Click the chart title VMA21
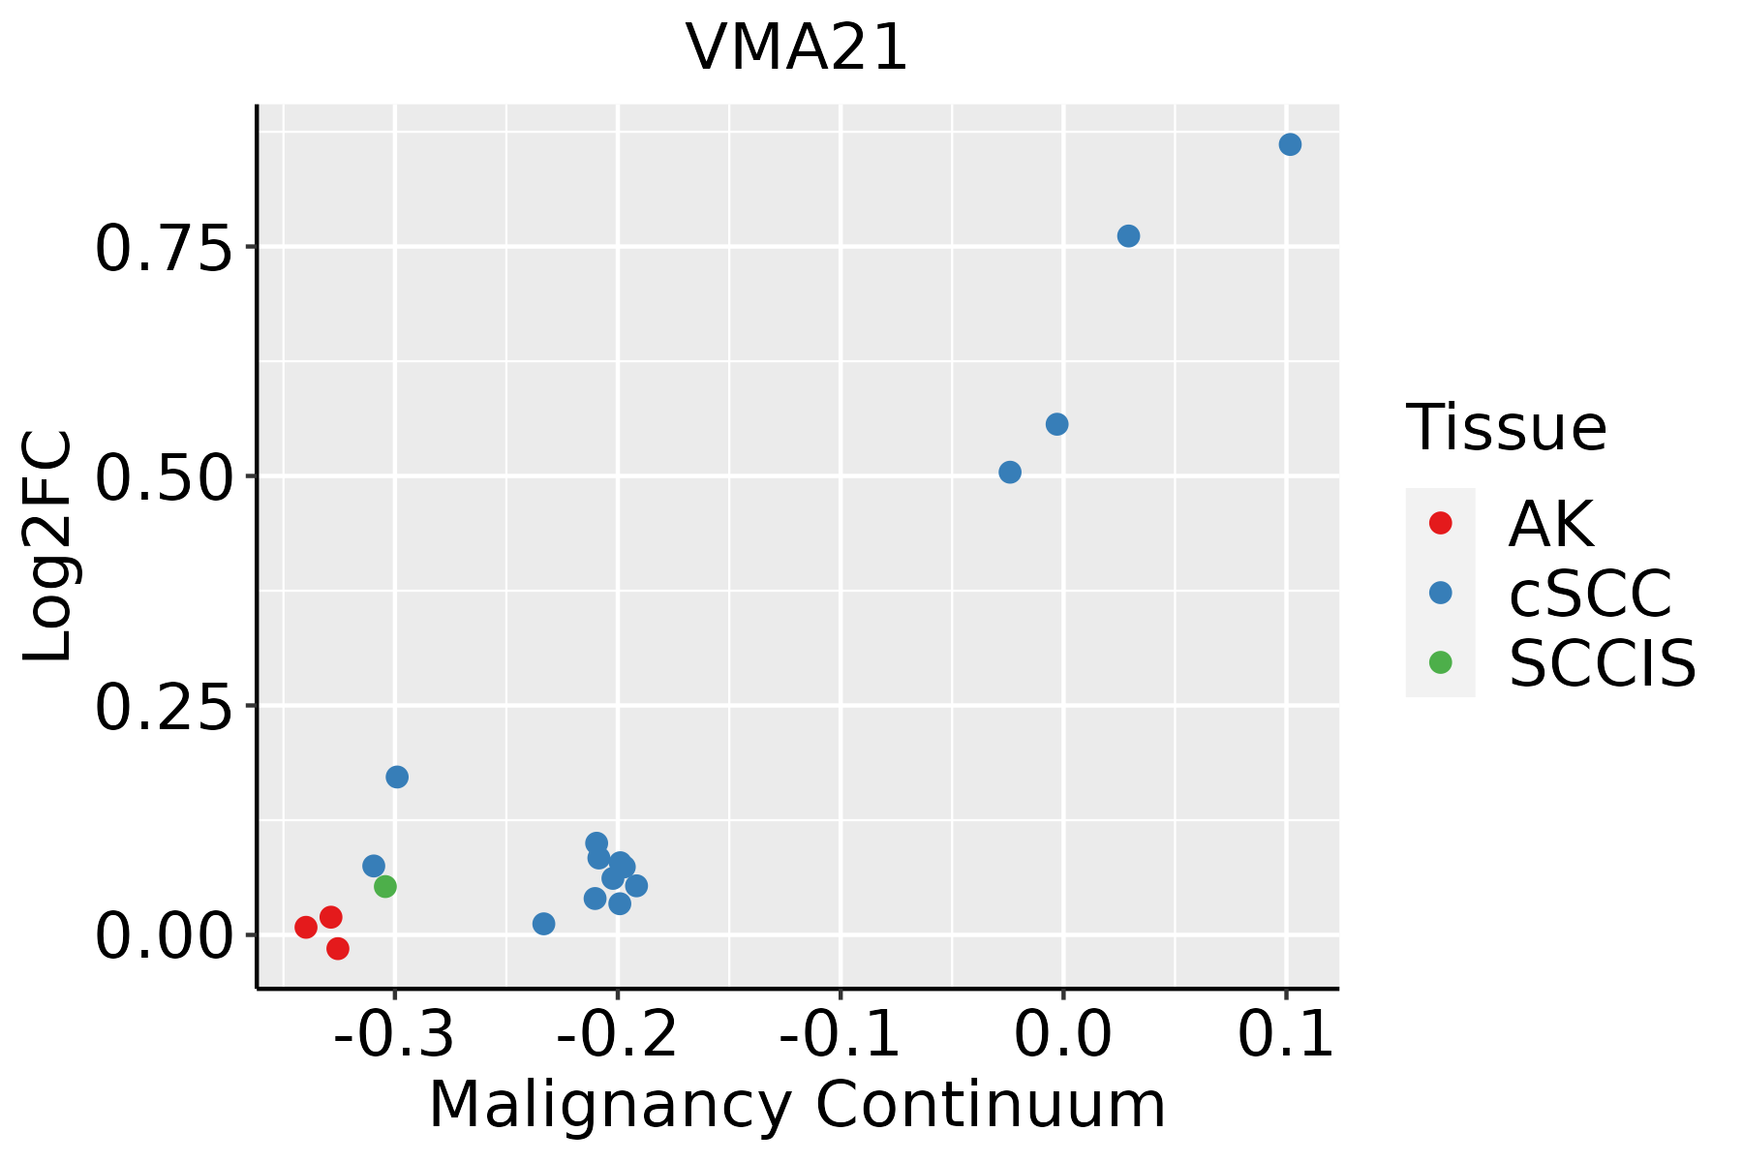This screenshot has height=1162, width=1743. click(797, 47)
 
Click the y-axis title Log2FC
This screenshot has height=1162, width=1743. click(48, 547)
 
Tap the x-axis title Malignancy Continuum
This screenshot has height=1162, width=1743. click(797, 1106)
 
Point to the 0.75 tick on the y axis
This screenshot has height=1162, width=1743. click(165, 248)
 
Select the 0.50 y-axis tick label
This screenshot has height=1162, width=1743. click(165, 476)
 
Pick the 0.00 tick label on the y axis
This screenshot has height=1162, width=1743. click(165, 935)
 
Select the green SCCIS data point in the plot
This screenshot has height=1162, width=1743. click(385, 886)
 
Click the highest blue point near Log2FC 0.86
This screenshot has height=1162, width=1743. click(1290, 144)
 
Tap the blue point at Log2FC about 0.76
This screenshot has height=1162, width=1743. click(1129, 236)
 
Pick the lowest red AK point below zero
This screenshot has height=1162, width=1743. click(338, 948)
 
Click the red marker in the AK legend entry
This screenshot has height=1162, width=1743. click(1441, 523)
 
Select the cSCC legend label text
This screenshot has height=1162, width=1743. click(1590, 593)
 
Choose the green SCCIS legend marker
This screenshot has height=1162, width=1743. click(1441, 662)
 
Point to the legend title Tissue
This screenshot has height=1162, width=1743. click(1506, 428)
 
